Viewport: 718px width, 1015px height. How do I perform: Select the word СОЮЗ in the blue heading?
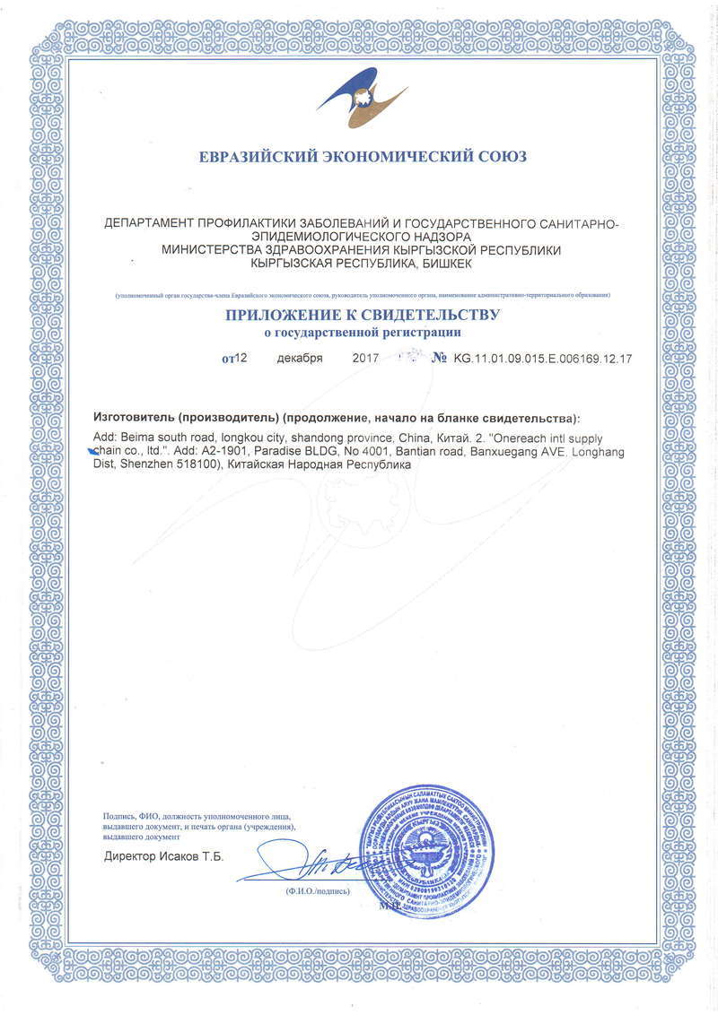pyautogui.click(x=497, y=157)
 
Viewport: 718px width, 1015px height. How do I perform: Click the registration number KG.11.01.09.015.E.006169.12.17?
pyautogui.click(x=543, y=359)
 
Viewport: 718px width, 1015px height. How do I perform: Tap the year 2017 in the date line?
pyautogui.click(x=364, y=359)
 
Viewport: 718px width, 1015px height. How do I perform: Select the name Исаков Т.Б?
pyautogui.click(x=191, y=856)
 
